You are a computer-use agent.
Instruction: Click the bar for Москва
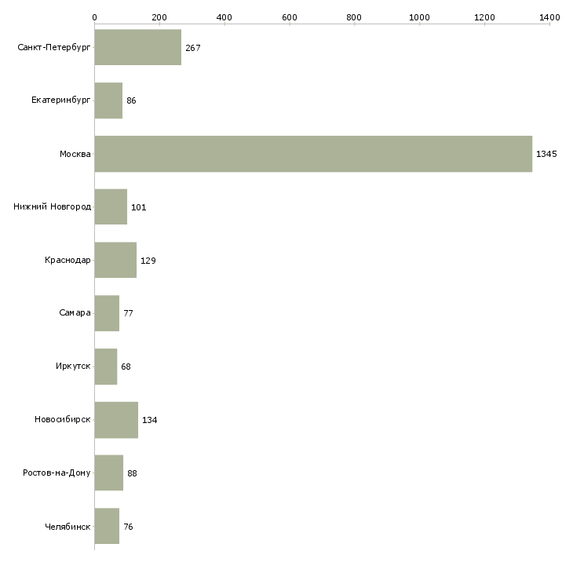click(x=313, y=154)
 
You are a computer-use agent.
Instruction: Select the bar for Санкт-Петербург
click(x=138, y=48)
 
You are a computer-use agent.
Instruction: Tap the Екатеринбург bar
click(x=108, y=100)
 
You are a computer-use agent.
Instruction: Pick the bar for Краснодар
click(x=115, y=261)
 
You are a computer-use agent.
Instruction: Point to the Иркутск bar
click(x=106, y=367)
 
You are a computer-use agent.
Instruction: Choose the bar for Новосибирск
click(x=116, y=420)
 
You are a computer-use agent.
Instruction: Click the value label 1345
click(x=546, y=154)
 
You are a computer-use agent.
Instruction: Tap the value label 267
click(x=193, y=48)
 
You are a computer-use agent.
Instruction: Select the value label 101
click(x=139, y=207)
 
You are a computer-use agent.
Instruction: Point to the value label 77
click(x=128, y=313)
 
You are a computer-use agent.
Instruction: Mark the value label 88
click(x=132, y=473)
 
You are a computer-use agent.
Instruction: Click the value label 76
click(x=128, y=527)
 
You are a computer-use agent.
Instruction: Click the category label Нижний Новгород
click(x=53, y=207)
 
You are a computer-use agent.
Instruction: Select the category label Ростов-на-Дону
click(x=57, y=473)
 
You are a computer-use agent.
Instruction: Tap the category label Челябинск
click(x=68, y=527)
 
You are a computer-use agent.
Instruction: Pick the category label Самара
click(x=75, y=313)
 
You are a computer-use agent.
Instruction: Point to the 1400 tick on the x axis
click(x=549, y=16)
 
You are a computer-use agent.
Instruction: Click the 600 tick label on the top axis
click(x=289, y=16)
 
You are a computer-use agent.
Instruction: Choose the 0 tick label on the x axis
click(x=94, y=16)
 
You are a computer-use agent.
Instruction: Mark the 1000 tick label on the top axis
click(x=419, y=16)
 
